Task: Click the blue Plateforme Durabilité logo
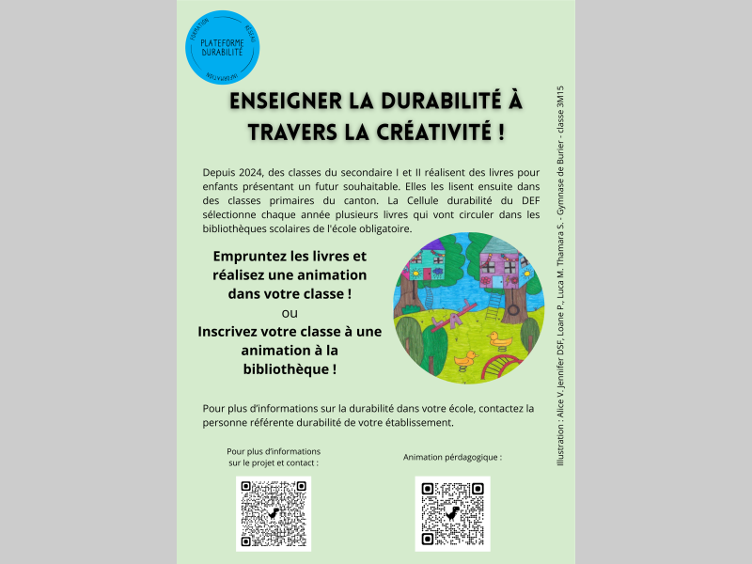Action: click(223, 46)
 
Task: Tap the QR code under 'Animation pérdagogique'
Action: click(452, 513)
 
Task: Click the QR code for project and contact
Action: click(273, 513)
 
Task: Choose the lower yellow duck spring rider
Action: click(465, 358)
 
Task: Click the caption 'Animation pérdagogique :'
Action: click(452, 457)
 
